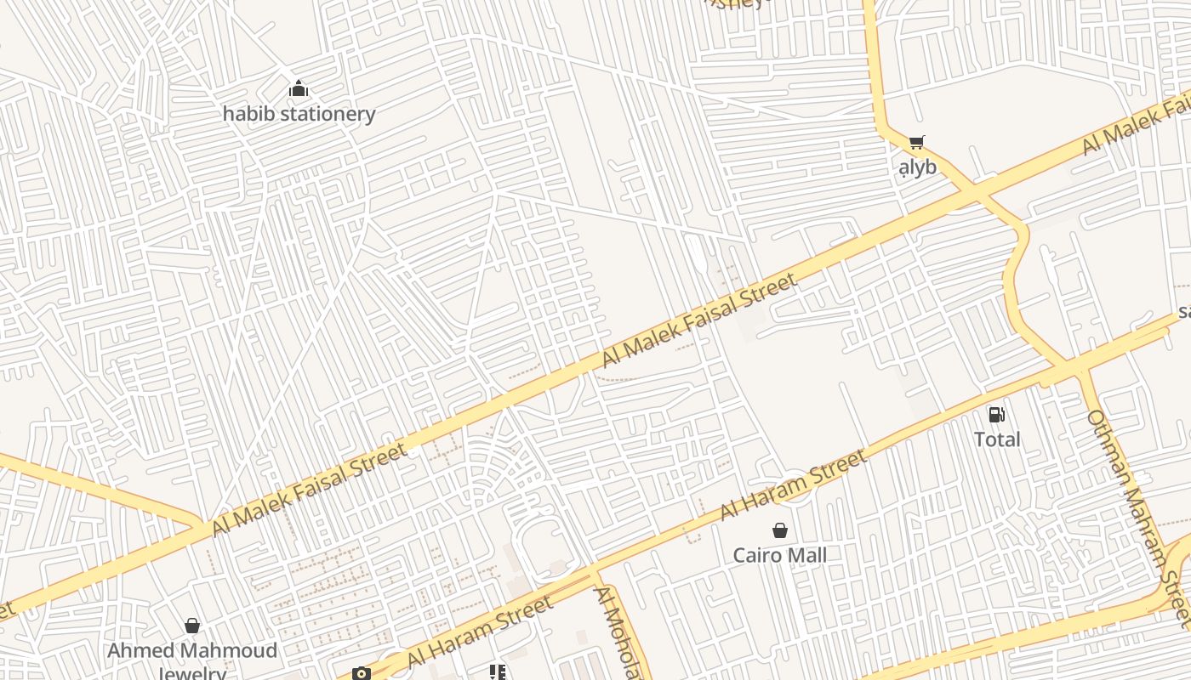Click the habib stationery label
point(299,113)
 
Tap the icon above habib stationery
point(299,88)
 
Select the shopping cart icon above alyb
point(916,143)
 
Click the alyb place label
point(917,167)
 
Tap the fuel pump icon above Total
point(996,415)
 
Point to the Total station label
point(997,439)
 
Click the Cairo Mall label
point(780,556)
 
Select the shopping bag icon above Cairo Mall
point(780,531)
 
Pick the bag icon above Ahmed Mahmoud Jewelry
point(192,626)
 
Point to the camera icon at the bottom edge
point(362,674)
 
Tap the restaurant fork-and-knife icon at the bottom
point(498,673)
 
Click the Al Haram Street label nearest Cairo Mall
point(793,484)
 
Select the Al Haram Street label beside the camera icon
point(480,632)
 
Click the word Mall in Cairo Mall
point(806,556)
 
